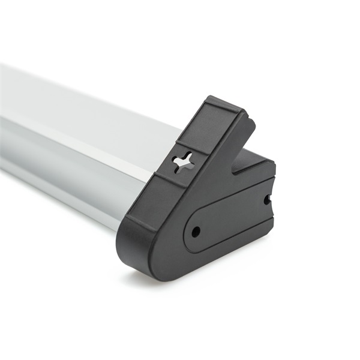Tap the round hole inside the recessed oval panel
tap(196, 231)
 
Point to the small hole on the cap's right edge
tap(267, 199)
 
